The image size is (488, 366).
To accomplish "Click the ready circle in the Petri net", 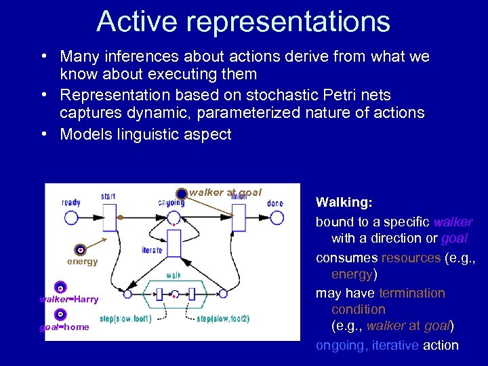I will (71, 218).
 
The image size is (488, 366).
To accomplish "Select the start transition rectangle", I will (108, 218).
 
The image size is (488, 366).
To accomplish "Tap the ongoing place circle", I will (174, 218).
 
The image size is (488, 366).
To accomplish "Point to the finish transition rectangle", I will (238, 218).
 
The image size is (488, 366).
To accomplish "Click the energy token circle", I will (81, 250).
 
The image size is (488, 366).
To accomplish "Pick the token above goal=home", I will (60, 314).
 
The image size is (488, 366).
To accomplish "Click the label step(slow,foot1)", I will (125, 319).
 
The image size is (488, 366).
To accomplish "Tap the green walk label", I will (174, 276).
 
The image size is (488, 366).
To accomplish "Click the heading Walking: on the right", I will (344, 203).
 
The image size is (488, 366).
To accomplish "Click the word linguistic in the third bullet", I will (148, 134).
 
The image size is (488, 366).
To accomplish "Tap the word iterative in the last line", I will (394, 345).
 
